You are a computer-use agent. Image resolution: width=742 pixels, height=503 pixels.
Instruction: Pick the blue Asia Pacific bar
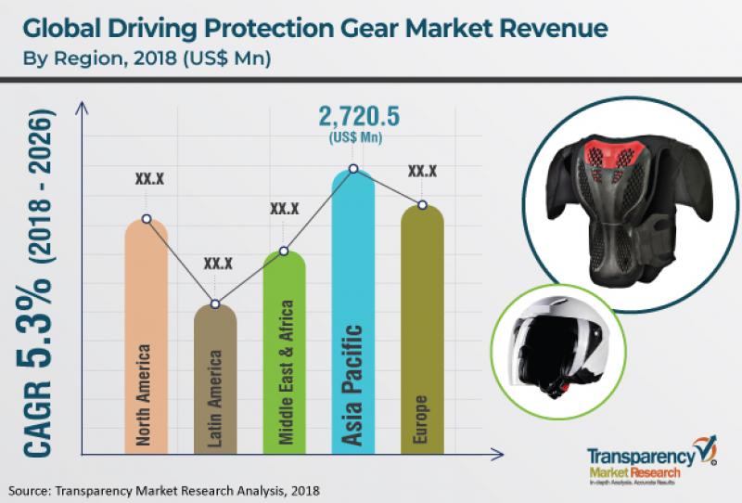[x=353, y=316]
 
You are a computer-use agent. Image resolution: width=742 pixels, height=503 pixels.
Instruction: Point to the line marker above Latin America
[x=215, y=304]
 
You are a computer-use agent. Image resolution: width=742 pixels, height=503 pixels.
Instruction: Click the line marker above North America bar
[x=146, y=219]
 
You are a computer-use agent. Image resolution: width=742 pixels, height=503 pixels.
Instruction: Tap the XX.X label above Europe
[x=422, y=172]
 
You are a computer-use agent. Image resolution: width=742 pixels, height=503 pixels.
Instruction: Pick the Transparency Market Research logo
[x=640, y=463]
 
